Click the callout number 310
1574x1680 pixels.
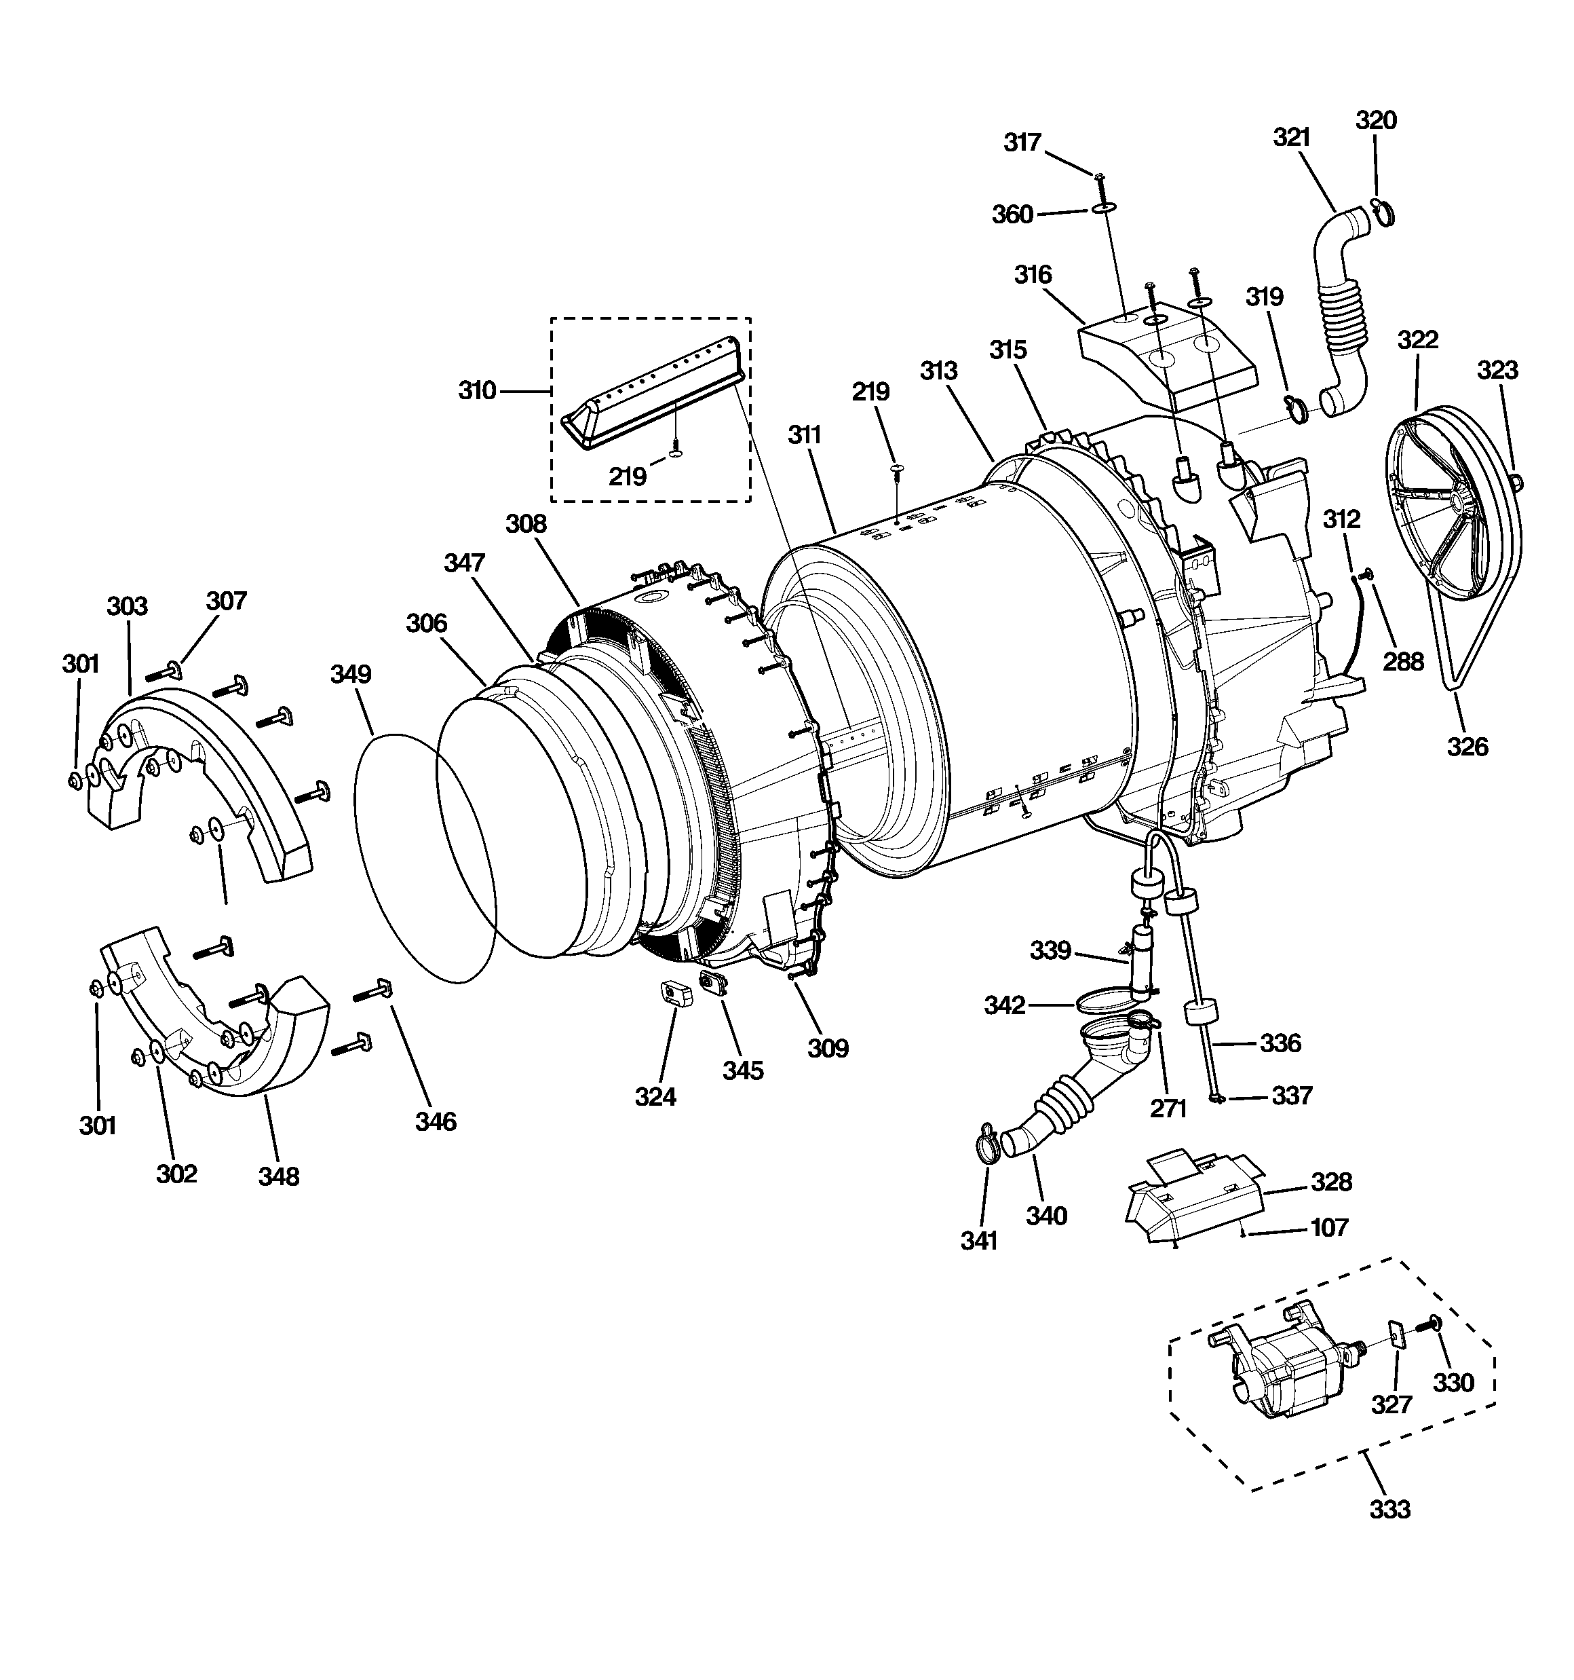click(x=476, y=391)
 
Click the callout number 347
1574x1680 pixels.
click(x=465, y=563)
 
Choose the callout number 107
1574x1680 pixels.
click(x=1329, y=1227)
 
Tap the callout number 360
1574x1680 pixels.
click(x=1012, y=214)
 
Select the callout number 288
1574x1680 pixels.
click(x=1402, y=662)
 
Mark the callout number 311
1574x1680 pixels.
click(x=805, y=435)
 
